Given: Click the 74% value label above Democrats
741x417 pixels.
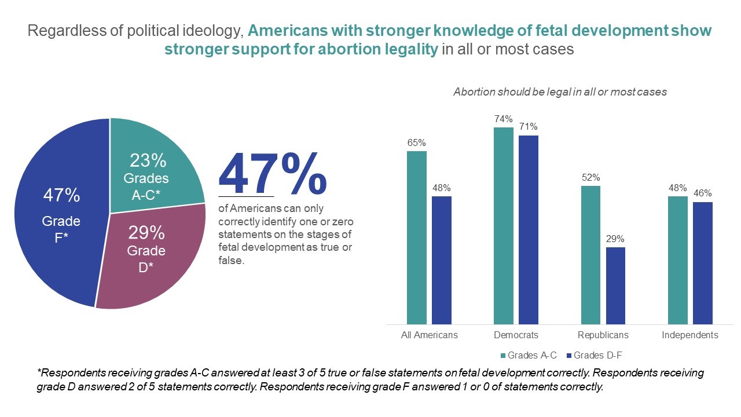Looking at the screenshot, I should click(x=504, y=119).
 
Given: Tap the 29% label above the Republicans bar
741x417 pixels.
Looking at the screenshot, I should click(x=615, y=239).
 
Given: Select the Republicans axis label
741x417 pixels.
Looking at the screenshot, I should click(x=603, y=335).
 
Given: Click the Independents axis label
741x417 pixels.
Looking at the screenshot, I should click(x=689, y=335).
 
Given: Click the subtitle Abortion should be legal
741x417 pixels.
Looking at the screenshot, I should click(x=560, y=92).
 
